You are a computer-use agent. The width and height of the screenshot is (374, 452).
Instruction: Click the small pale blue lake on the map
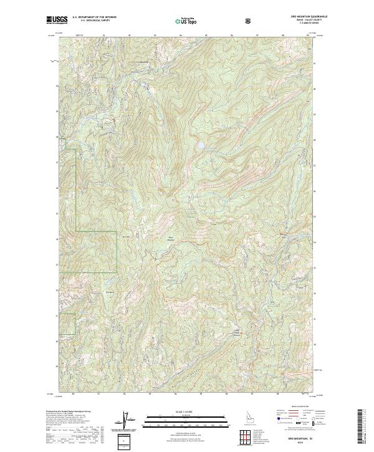pos(201,147)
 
